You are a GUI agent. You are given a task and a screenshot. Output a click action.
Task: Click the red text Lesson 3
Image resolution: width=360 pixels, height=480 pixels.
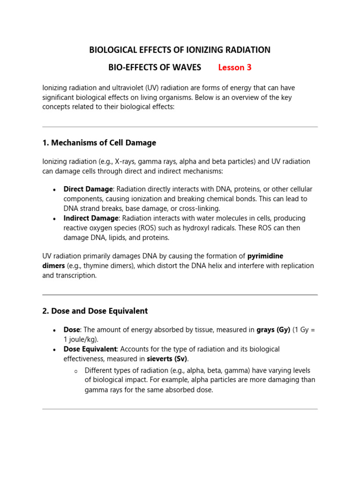235,67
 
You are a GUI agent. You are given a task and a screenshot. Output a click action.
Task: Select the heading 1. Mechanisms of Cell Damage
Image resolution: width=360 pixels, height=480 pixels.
99,142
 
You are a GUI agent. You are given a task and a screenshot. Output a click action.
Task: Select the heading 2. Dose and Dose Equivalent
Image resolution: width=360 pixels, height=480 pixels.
95,311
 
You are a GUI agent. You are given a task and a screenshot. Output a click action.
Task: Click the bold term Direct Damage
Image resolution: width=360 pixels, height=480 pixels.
88,189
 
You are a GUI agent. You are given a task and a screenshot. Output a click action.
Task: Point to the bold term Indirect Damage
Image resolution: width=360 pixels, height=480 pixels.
91,218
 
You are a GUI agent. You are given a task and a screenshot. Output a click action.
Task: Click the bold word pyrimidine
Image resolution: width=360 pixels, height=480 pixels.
265,256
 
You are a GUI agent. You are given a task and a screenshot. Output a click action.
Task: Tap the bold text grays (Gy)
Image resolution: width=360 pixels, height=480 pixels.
273,330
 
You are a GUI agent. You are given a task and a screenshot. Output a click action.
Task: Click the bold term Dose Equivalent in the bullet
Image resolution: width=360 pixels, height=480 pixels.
90,349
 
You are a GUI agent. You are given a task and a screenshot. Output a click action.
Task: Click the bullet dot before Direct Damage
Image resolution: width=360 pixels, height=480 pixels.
55,189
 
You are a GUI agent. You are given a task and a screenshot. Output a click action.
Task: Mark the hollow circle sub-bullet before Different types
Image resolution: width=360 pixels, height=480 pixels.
75,371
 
